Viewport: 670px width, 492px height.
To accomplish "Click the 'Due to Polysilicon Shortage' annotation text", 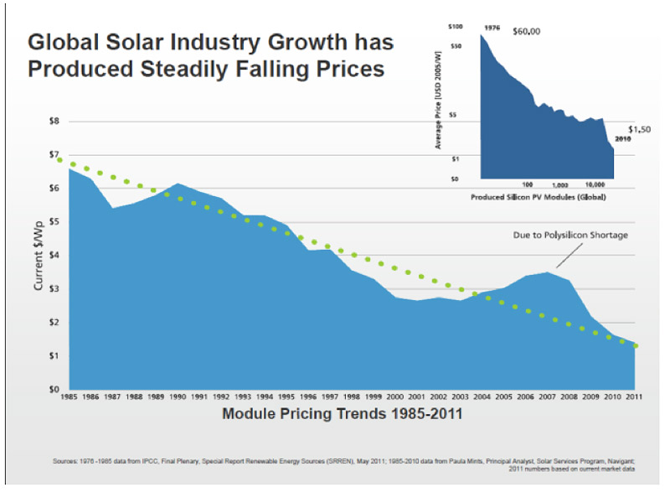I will pos(570,236).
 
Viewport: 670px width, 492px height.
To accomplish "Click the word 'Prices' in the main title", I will pos(345,68).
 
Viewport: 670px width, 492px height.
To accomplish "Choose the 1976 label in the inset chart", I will pos(492,28).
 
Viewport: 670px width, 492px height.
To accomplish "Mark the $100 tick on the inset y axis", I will pos(455,28).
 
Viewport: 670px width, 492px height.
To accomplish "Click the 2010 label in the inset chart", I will pos(624,138).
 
